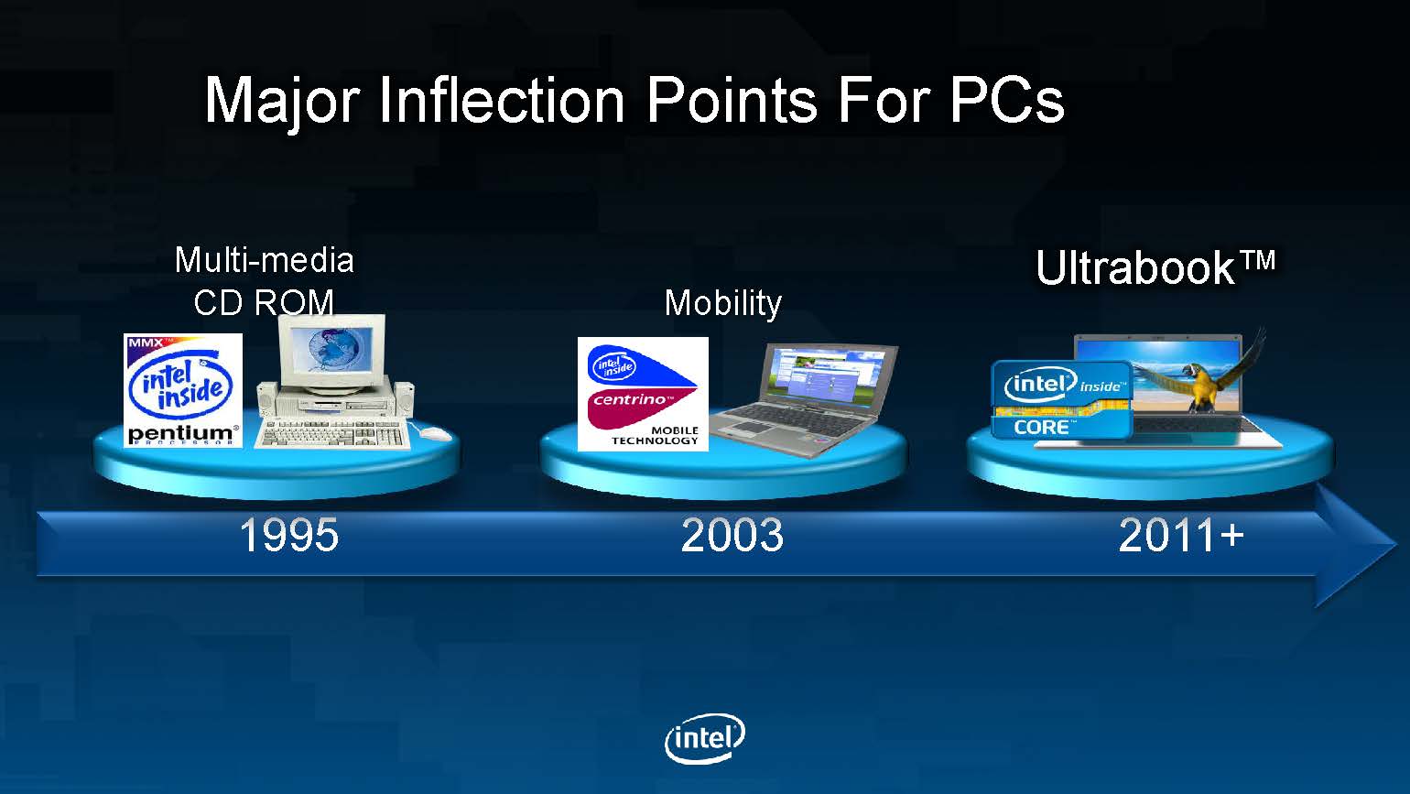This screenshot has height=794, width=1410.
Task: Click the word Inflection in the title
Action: point(502,100)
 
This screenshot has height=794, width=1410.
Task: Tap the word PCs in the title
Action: point(1007,100)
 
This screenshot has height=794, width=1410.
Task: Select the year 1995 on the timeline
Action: point(289,535)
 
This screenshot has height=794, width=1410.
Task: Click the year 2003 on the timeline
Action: point(732,535)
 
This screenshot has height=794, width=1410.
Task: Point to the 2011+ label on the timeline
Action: point(1181,535)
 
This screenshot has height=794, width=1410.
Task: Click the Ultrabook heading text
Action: point(1155,267)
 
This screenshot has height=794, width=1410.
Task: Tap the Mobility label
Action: point(722,303)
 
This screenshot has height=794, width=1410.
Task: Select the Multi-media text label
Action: point(265,260)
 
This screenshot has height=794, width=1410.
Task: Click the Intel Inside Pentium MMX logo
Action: point(182,390)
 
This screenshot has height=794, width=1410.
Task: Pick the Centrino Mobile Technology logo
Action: point(643,394)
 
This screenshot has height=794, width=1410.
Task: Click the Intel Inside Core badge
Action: point(1062,399)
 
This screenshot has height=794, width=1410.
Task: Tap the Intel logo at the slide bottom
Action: point(705,738)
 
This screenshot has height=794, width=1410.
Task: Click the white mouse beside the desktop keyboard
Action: point(434,433)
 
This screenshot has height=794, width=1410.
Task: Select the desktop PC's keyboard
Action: point(332,433)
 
